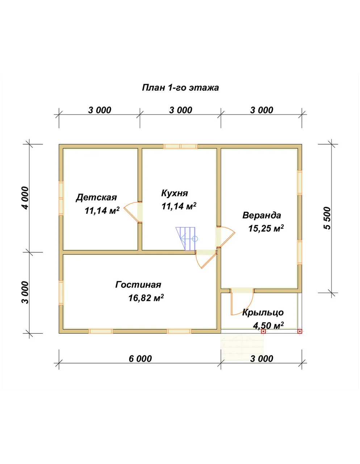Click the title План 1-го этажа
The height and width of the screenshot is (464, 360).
(x=180, y=88)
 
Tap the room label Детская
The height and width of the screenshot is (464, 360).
(x=96, y=198)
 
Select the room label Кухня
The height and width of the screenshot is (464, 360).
(x=175, y=193)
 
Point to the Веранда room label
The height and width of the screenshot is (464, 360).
(x=262, y=215)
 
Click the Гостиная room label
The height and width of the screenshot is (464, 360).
(x=138, y=285)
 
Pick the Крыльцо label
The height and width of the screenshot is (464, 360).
(x=263, y=313)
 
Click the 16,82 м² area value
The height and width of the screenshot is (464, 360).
(x=146, y=298)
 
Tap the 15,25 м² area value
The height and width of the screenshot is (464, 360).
(x=266, y=228)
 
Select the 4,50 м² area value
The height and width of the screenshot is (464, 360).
(x=268, y=326)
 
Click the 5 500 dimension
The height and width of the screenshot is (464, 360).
(x=327, y=218)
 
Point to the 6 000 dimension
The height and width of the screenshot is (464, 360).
(x=140, y=359)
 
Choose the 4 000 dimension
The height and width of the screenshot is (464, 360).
(x=25, y=198)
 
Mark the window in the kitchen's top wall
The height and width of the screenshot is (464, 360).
(x=180, y=146)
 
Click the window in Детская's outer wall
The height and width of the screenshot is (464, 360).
(x=61, y=198)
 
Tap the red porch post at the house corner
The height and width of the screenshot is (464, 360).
(x=300, y=331)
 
